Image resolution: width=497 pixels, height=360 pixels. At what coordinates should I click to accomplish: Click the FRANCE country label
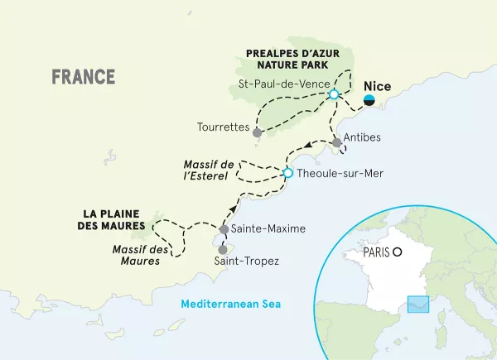83,77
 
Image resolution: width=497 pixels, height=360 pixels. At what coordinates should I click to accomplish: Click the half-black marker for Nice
370,100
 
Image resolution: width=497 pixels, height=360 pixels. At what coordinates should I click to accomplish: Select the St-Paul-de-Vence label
284,83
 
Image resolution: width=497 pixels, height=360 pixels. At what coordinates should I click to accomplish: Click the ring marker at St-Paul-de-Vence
333,95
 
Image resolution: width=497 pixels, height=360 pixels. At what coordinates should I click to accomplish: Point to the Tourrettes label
224,127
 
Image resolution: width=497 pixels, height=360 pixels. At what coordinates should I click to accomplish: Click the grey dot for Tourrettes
258,132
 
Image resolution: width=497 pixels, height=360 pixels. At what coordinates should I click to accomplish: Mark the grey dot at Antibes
336,143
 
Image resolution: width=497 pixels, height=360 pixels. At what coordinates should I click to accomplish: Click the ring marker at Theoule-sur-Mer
287,173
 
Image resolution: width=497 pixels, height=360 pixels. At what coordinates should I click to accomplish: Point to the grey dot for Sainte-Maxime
224,229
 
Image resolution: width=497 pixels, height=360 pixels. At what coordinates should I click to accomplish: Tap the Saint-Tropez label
247,262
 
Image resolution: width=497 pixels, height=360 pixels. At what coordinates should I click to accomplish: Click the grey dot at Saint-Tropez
222,248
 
